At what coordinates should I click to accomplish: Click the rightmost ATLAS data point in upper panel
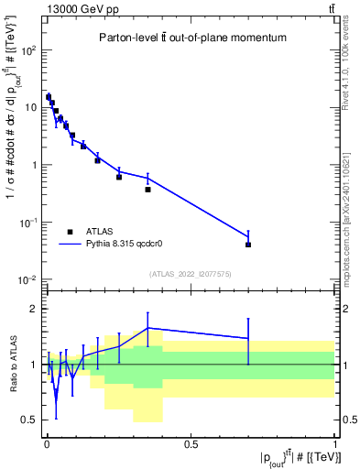pyautogui.click(x=248, y=245)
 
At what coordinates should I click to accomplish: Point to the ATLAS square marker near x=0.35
pyautogui.click(x=147, y=190)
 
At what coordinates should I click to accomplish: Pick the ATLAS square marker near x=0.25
pyautogui.click(x=119, y=177)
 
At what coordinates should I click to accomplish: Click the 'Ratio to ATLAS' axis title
pyautogui.click(x=10, y=364)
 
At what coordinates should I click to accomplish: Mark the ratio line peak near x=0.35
pyautogui.click(x=147, y=328)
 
